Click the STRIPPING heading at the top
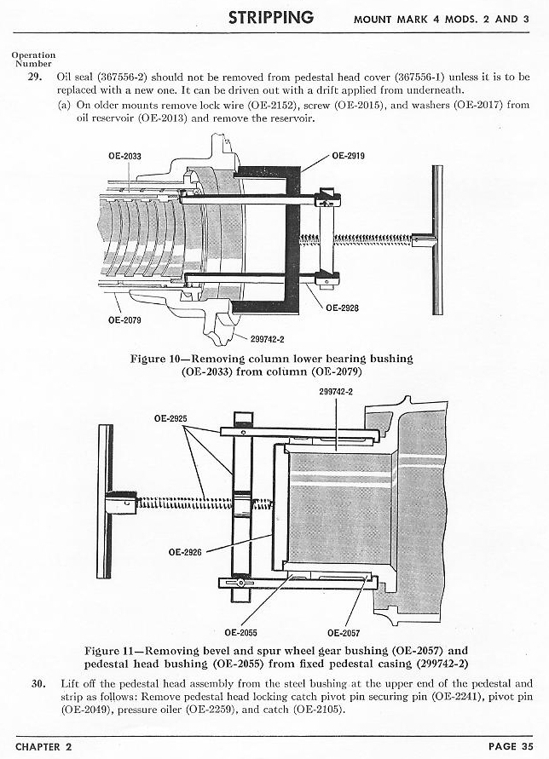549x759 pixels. pyautogui.click(x=271, y=18)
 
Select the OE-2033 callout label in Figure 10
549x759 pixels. pyautogui.click(x=125, y=156)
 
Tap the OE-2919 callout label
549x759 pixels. pyautogui.click(x=349, y=157)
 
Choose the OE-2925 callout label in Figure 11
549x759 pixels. pyautogui.click(x=170, y=418)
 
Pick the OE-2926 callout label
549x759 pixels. pyautogui.click(x=184, y=551)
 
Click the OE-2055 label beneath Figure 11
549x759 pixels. pyautogui.click(x=242, y=632)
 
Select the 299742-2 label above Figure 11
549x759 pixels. pyautogui.click(x=336, y=392)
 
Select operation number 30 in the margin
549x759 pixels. pyautogui.click(x=38, y=683)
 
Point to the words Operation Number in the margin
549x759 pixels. pyautogui.click(x=33, y=59)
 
